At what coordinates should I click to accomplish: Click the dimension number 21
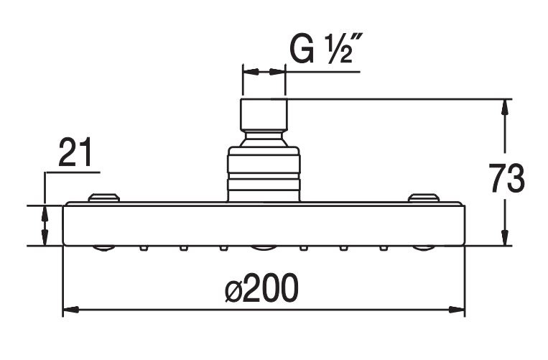75,152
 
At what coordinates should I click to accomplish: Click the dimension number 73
506,178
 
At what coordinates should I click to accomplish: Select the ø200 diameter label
261,287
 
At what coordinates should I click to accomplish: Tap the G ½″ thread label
326,48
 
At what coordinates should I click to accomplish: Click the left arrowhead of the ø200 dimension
70,310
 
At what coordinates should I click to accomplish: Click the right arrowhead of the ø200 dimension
457,310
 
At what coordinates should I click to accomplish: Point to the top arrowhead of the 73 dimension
504,106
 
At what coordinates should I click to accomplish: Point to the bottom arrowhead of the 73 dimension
504,238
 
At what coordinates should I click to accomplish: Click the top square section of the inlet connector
264,114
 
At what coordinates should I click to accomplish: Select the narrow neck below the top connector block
264,138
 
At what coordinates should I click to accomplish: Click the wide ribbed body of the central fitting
264,174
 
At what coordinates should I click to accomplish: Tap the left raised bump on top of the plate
104,198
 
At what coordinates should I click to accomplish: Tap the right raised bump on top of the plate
424,198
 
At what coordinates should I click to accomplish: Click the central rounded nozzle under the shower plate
264,248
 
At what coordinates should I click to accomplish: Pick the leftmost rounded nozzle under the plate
104,248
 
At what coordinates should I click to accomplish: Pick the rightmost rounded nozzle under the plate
423,248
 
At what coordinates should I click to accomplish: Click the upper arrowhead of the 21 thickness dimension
45,213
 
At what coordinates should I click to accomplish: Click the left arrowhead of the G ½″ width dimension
251,72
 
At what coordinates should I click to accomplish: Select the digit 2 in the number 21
68,152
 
